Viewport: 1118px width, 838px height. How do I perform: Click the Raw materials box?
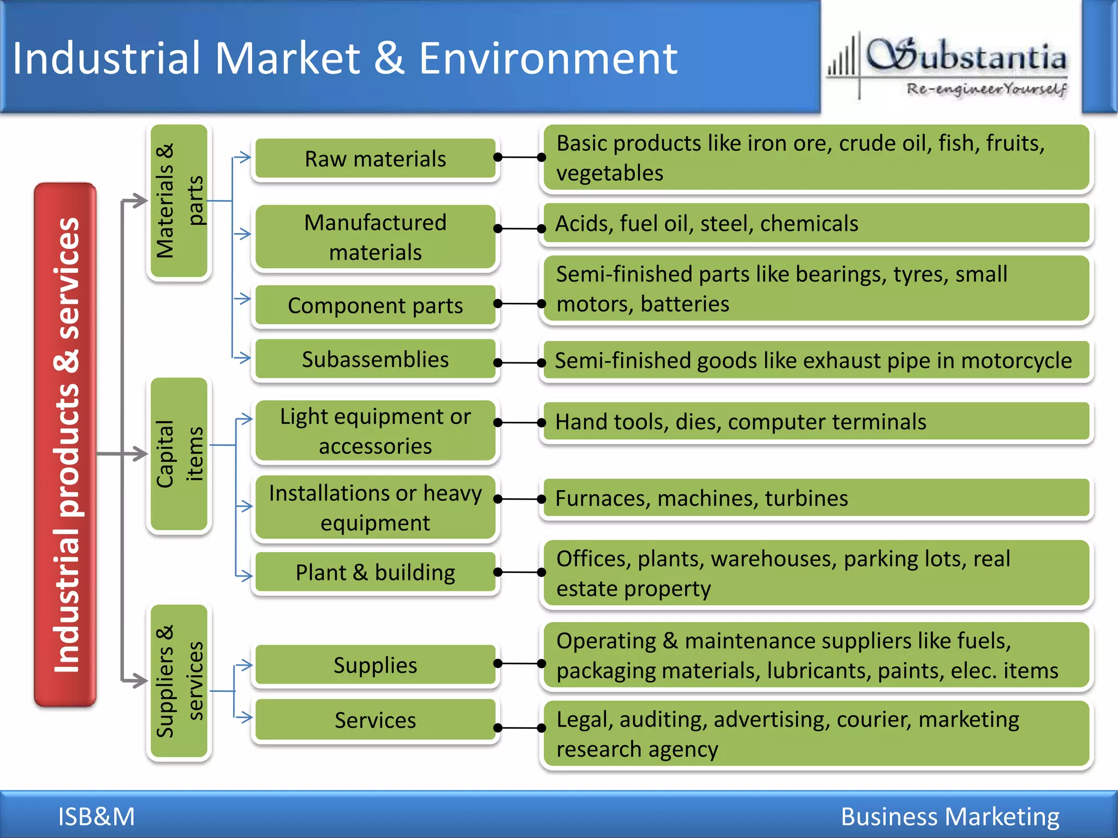pyautogui.click(x=375, y=159)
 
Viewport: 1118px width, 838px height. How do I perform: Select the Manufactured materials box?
pyautogui.click(x=375, y=237)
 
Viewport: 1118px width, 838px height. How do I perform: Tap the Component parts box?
pyautogui.click(x=375, y=305)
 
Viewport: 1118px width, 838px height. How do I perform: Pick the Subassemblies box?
pyautogui.click(x=375, y=359)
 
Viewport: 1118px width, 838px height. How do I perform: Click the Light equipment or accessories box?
pyautogui.click(x=375, y=431)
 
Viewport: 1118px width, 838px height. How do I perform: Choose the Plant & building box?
pyautogui.click(x=375, y=572)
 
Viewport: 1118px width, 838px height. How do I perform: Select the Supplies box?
pyautogui.click(x=375, y=665)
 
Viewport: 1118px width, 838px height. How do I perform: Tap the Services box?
pyautogui.click(x=375, y=720)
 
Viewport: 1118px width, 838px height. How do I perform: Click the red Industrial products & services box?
pyautogui.click(x=66, y=445)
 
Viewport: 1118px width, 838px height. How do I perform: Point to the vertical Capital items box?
pyautogui.click(x=179, y=453)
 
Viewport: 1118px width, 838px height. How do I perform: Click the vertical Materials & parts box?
pyautogui.click(x=179, y=201)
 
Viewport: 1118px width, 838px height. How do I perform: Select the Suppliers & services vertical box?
pyautogui.click(x=179, y=681)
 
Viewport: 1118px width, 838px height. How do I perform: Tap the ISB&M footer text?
pyautogui.click(x=96, y=816)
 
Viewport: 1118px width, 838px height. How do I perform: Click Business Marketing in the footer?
pyautogui.click(x=950, y=816)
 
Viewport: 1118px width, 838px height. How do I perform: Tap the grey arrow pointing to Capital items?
pyautogui.click(x=134, y=453)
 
